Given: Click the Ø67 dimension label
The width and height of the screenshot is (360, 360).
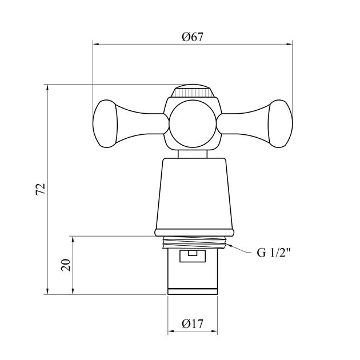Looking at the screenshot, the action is pyautogui.click(x=193, y=37).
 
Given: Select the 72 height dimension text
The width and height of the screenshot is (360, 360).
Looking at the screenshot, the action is pyautogui.click(x=41, y=189).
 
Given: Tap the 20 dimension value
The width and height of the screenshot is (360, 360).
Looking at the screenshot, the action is pyautogui.click(x=66, y=265).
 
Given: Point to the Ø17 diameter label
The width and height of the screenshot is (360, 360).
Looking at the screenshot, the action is pyautogui.click(x=193, y=324).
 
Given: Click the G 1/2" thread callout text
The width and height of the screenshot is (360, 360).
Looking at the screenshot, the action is pyautogui.click(x=274, y=253).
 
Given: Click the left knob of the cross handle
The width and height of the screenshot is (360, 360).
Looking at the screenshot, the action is pyautogui.click(x=105, y=123).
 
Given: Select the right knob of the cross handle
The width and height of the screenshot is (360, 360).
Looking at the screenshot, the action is pyautogui.click(x=281, y=123).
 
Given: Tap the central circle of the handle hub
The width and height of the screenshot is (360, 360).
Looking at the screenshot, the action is pyautogui.click(x=193, y=123).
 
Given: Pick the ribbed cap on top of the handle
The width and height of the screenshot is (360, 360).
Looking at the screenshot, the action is pyautogui.click(x=193, y=91).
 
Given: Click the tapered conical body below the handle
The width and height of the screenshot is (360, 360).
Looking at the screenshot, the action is pyautogui.click(x=194, y=194).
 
